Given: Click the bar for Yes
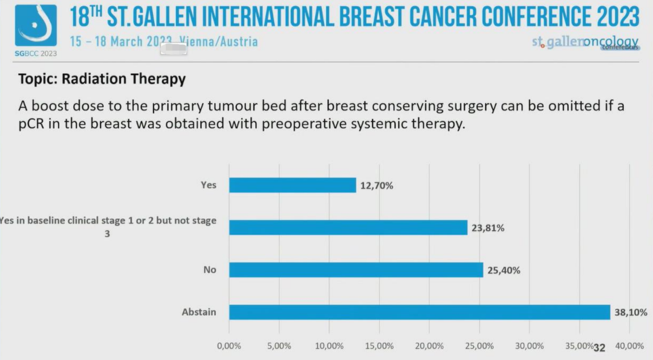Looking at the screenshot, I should click(x=293, y=185).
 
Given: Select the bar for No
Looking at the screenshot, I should click(x=356, y=270).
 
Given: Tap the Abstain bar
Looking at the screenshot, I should click(x=420, y=312).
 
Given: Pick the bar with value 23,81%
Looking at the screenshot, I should click(x=348, y=227).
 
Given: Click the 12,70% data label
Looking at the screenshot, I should click(x=377, y=186).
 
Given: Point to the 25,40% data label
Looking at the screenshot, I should click(x=504, y=270).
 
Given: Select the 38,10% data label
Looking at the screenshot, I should click(x=631, y=313).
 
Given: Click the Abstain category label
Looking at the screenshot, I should click(x=199, y=313).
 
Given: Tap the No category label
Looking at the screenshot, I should click(x=209, y=270).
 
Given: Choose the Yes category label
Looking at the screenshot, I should click(x=208, y=186).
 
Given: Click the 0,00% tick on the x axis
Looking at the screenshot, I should click(x=229, y=346).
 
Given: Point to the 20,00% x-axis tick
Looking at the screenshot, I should click(x=429, y=346).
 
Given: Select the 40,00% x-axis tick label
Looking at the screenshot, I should click(x=629, y=346).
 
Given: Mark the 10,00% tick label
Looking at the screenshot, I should click(x=330, y=346).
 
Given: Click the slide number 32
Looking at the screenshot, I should click(x=599, y=348).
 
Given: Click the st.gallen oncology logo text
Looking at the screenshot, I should click(x=585, y=42).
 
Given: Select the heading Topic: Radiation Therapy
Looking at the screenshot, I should click(x=102, y=79).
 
